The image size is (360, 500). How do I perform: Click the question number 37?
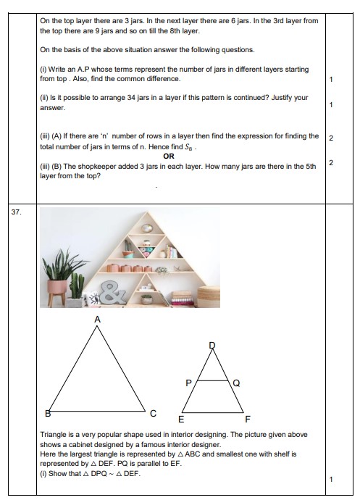[16, 212]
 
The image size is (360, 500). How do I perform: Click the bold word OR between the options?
[169, 157]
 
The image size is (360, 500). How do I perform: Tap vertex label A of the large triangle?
[98, 319]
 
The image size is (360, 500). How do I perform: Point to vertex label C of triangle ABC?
[154, 414]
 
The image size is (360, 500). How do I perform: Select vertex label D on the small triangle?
[212, 346]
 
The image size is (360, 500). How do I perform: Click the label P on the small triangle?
[188, 383]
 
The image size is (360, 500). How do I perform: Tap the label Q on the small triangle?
[237, 383]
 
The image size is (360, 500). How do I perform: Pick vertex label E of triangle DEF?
[181, 420]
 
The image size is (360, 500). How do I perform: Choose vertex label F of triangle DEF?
[248, 420]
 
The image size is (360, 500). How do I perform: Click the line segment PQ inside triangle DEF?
[214, 380]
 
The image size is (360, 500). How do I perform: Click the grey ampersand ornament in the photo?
[113, 293]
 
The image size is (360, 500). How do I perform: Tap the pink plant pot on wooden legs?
[56, 288]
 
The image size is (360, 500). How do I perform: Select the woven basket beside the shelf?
[209, 297]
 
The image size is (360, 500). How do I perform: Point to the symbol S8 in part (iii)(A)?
[188, 147]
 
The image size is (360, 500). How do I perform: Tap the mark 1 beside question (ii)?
[331, 104]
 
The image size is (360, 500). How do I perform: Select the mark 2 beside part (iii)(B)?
[331, 162]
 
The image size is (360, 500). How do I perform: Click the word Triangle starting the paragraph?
[54, 435]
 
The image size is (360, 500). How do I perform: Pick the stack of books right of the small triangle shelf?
[183, 299]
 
